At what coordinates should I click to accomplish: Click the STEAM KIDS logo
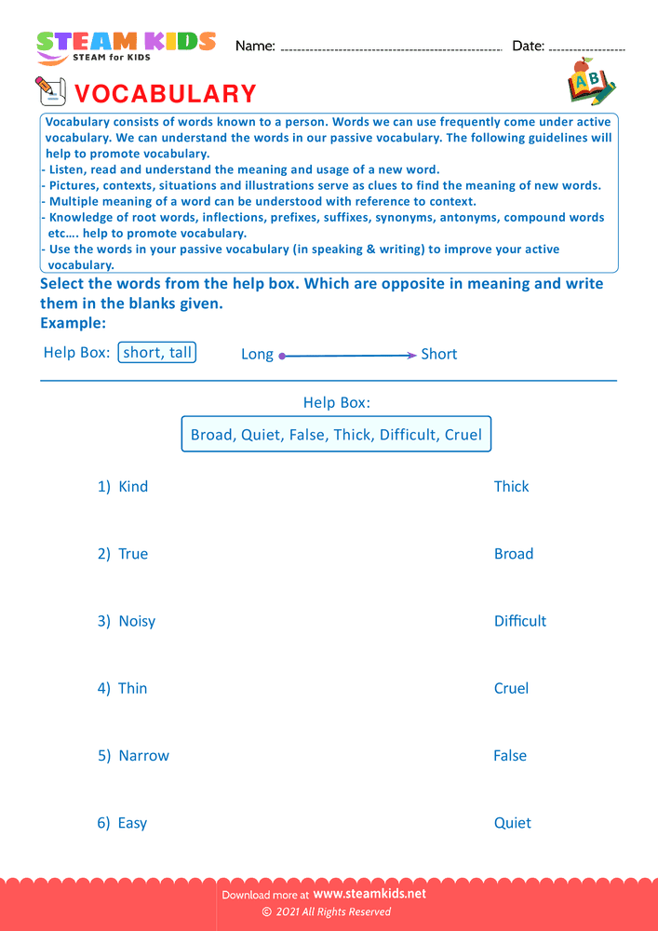[x=126, y=47]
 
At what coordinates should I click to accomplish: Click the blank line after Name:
[x=391, y=48]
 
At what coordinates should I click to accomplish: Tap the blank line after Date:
[x=587, y=48]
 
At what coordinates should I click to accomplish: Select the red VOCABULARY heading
[x=165, y=94]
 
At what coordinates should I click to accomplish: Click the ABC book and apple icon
[x=591, y=82]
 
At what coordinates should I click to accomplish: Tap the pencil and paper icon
[x=50, y=91]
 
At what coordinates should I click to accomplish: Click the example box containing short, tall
[x=157, y=353]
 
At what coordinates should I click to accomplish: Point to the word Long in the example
[x=257, y=355]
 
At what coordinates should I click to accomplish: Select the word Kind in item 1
[x=133, y=487]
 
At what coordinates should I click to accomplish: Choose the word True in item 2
[x=133, y=554]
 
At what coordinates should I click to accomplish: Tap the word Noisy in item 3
[x=137, y=621]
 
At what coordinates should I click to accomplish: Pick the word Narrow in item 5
[x=143, y=756]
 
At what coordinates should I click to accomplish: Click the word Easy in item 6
[x=132, y=823]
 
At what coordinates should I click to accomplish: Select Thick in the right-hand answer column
[x=511, y=487]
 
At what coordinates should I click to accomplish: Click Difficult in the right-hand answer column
[x=519, y=621]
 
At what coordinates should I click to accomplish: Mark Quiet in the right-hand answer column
[x=512, y=823]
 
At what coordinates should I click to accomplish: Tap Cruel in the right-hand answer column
[x=511, y=689]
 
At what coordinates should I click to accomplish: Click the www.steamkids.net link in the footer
[x=376, y=894]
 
